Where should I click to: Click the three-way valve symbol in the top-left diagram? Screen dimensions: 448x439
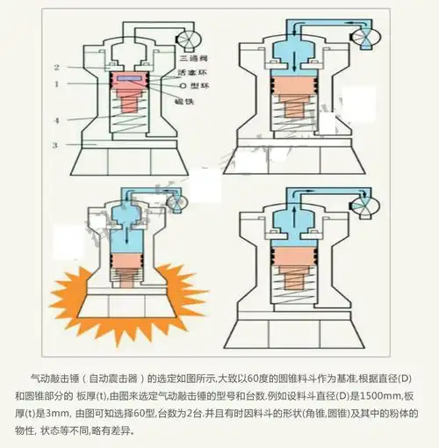click(188, 38)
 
